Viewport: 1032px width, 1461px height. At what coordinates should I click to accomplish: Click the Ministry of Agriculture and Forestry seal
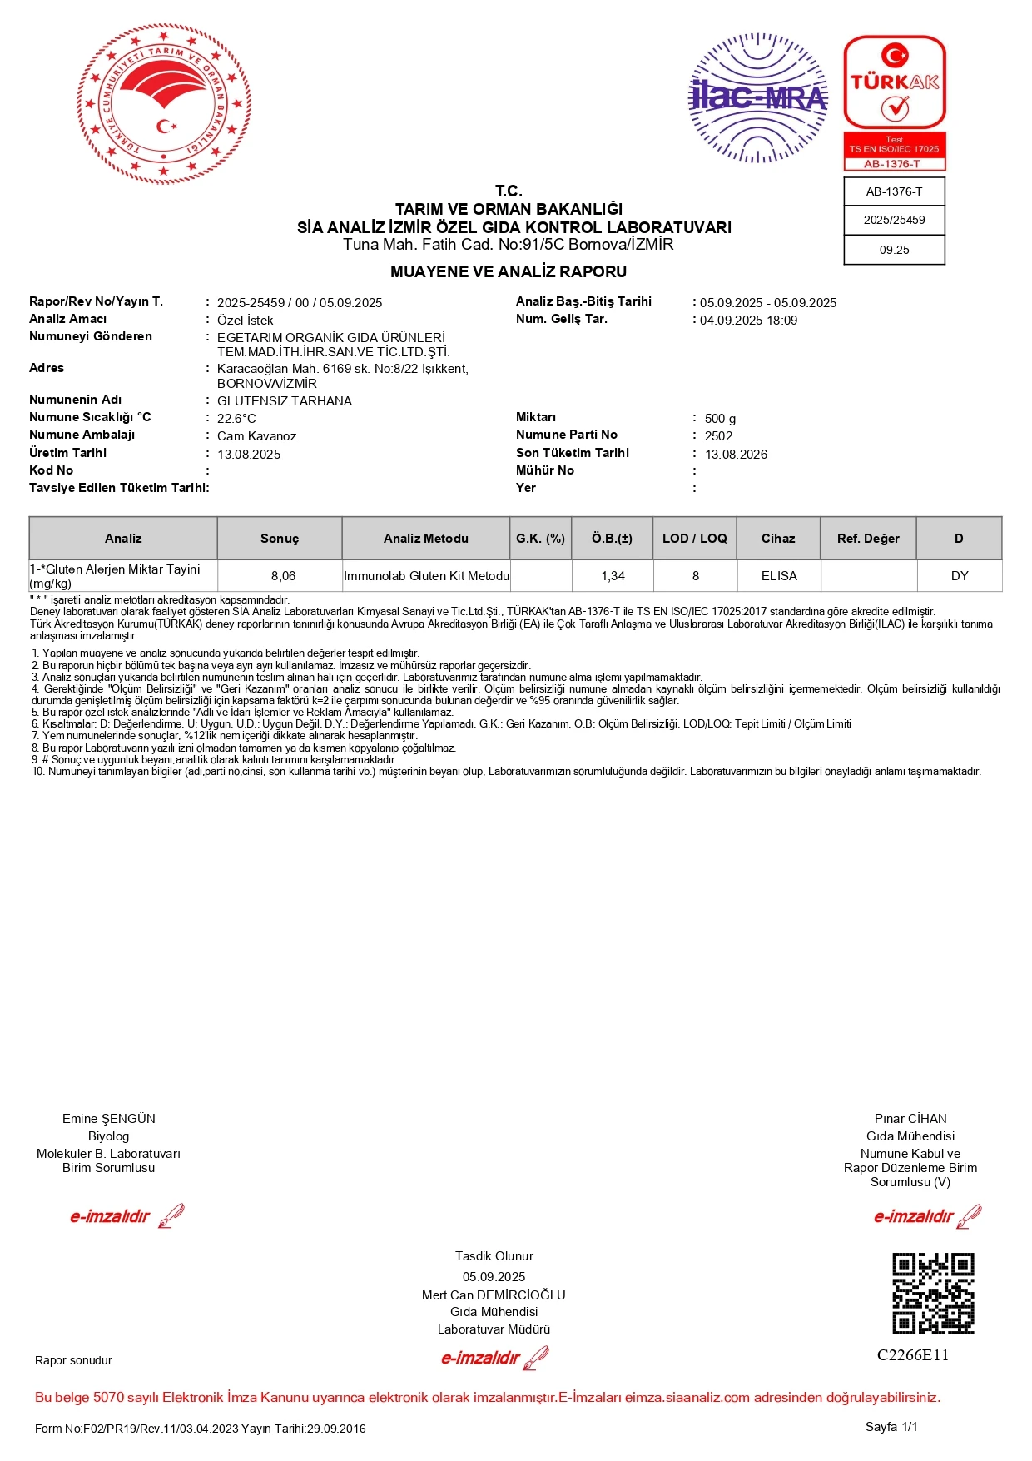(x=164, y=103)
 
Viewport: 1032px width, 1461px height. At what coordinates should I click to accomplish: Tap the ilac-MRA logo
(x=758, y=97)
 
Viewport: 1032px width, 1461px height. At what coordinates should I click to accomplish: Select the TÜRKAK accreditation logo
(x=895, y=103)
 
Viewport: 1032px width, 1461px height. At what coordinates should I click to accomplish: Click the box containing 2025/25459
(x=894, y=221)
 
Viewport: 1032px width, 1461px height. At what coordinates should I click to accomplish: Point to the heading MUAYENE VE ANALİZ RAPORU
(x=509, y=271)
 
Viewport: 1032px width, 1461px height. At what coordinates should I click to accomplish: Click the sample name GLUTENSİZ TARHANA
(x=285, y=401)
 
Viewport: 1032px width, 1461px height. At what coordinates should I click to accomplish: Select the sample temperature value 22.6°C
(x=236, y=419)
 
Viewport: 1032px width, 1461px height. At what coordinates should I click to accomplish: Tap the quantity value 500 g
(x=720, y=419)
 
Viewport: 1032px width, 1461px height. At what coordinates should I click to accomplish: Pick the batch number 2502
(x=718, y=436)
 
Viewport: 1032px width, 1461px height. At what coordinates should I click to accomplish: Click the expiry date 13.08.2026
(x=736, y=455)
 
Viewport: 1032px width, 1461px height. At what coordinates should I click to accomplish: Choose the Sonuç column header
(x=280, y=539)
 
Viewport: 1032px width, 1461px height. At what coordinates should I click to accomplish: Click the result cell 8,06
(x=283, y=576)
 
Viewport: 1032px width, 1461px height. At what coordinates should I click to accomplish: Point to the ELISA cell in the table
(x=779, y=576)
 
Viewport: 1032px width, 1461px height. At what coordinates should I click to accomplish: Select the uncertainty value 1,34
(x=613, y=576)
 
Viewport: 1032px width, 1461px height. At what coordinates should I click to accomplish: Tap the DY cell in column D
(x=960, y=576)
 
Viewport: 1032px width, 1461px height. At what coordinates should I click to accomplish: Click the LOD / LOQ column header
(x=695, y=539)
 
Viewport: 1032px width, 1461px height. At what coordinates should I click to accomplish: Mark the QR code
(x=933, y=1294)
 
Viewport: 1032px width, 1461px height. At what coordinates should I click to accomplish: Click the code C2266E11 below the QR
(x=913, y=1355)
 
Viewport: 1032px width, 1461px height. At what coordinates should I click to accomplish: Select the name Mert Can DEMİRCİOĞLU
(x=494, y=1295)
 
